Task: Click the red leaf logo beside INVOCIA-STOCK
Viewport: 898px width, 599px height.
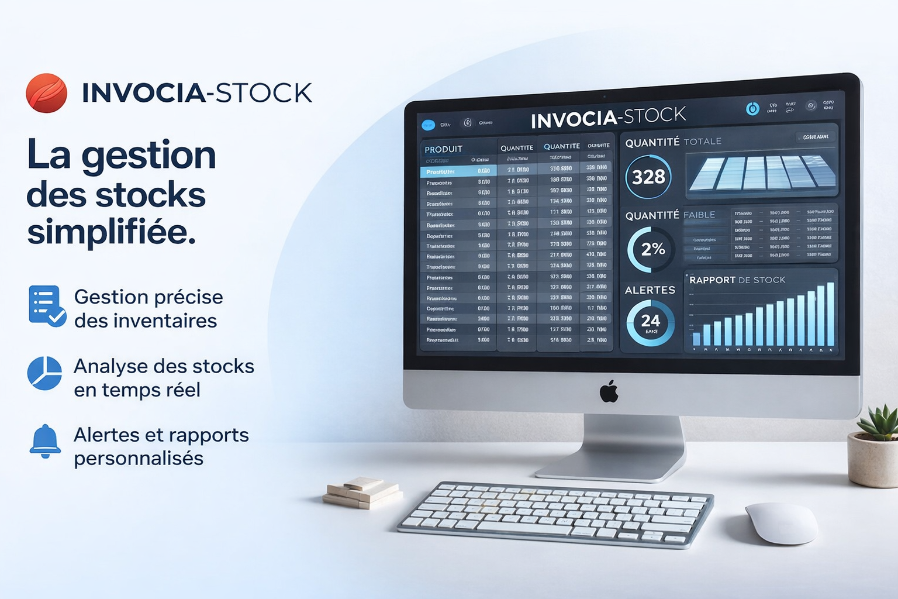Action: [47, 93]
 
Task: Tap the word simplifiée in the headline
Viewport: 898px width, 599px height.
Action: [111, 233]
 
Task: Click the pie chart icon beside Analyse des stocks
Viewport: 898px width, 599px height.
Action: [44, 373]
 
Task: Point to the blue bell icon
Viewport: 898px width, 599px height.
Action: [45, 441]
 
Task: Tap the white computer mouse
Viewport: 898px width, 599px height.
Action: [781, 523]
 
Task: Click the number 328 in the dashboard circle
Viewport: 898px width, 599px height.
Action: [648, 177]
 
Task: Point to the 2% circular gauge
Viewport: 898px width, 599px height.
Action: [652, 250]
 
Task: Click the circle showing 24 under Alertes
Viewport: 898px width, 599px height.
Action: [650, 322]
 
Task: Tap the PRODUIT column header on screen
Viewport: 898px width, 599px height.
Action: [443, 149]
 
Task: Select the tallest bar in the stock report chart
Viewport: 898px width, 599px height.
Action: [830, 315]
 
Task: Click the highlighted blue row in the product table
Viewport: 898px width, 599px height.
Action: [458, 171]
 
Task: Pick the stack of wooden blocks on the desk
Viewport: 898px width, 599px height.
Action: [362, 492]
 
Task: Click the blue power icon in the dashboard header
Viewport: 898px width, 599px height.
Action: [752, 108]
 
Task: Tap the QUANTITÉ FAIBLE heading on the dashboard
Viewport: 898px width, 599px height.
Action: [670, 215]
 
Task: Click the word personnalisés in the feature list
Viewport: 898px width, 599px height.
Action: [139, 459]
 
